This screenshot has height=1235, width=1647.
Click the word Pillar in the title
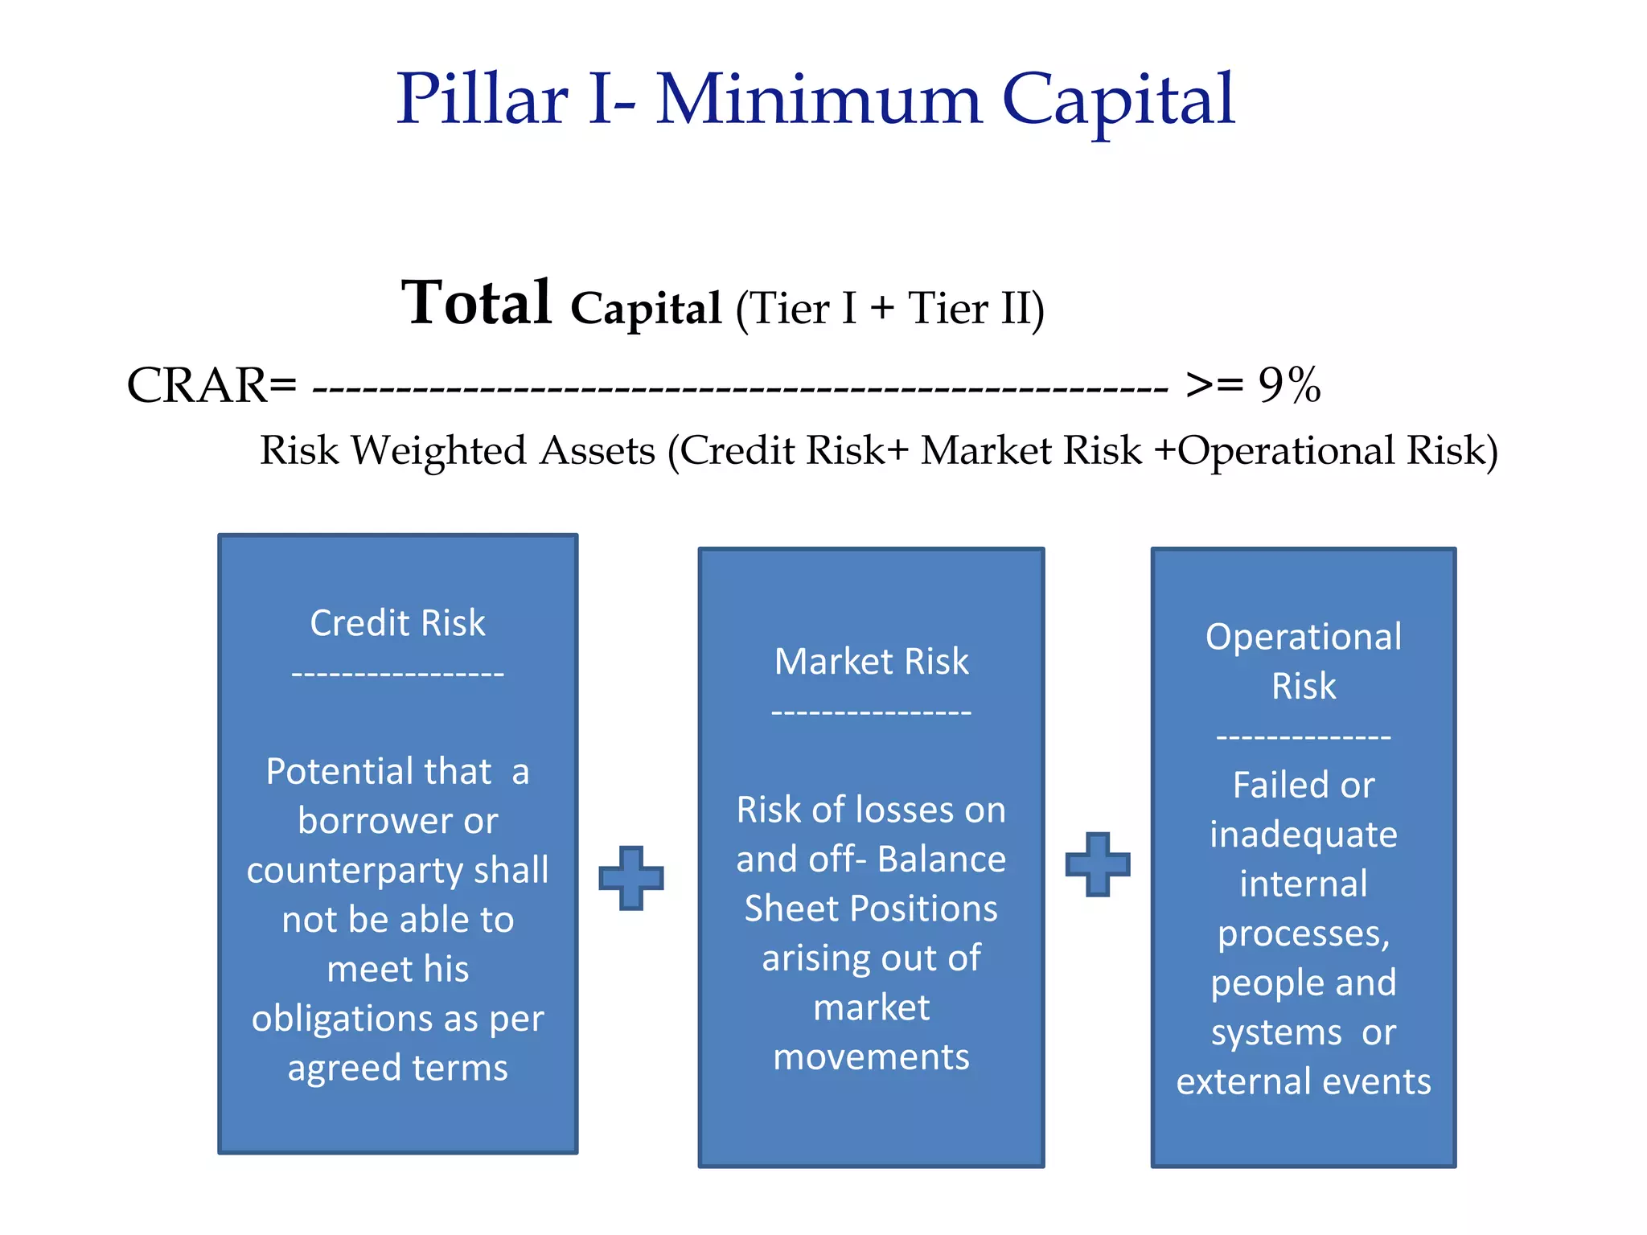click(483, 100)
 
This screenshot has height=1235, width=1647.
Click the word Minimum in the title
click(819, 100)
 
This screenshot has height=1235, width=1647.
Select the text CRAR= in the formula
click(212, 385)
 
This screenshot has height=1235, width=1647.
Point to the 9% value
click(1289, 385)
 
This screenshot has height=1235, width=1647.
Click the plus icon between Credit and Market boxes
click(631, 877)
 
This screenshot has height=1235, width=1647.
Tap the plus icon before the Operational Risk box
click(1097, 864)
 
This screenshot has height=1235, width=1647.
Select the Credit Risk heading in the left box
click(397, 623)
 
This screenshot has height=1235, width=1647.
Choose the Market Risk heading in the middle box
click(871, 662)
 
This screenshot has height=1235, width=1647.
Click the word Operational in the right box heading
click(1303, 637)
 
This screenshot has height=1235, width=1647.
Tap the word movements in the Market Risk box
click(871, 1057)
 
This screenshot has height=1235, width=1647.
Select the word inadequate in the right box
click(1303, 835)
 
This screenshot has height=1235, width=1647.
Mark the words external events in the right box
click(1303, 1082)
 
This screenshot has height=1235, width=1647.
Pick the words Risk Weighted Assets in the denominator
click(458, 450)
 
